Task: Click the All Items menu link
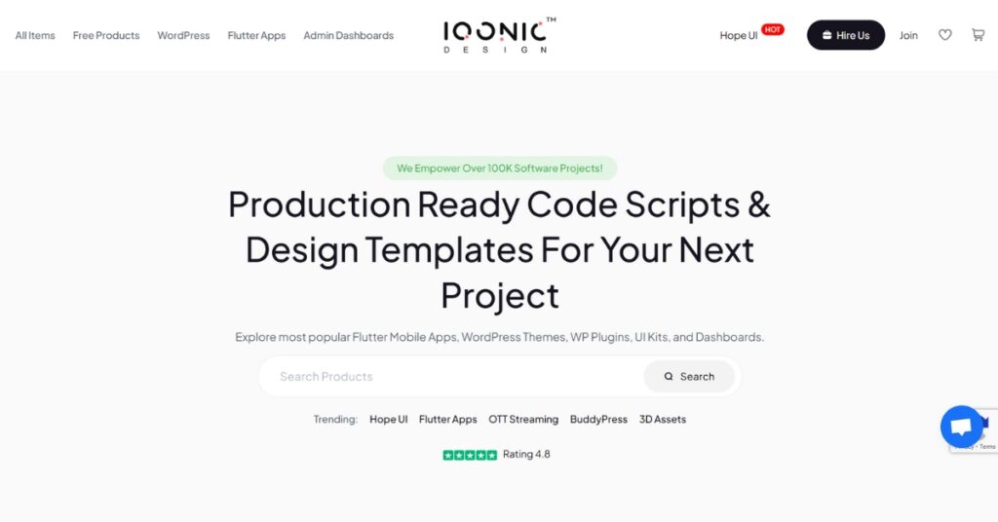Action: pos(35,36)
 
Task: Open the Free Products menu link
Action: pos(106,36)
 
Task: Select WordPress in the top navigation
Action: pos(183,36)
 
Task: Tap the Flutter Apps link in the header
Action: pos(256,36)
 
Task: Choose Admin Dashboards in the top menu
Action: pos(349,36)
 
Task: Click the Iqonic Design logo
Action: pos(499,36)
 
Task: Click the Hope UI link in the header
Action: pos(739,36)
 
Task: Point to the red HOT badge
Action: pos(773,29)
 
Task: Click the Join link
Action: pos(908,36)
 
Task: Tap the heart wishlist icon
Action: pos(945,35)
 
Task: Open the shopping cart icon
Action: pos(978,35)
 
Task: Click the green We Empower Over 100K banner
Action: pos(500,168)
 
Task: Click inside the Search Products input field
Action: pos(452,376)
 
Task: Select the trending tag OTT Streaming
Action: pos(523,420)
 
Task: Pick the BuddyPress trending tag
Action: pos(598,420)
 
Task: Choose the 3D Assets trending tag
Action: pos(663,420)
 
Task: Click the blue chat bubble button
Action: pos(962,427)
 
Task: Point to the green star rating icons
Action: pos(470,455)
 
